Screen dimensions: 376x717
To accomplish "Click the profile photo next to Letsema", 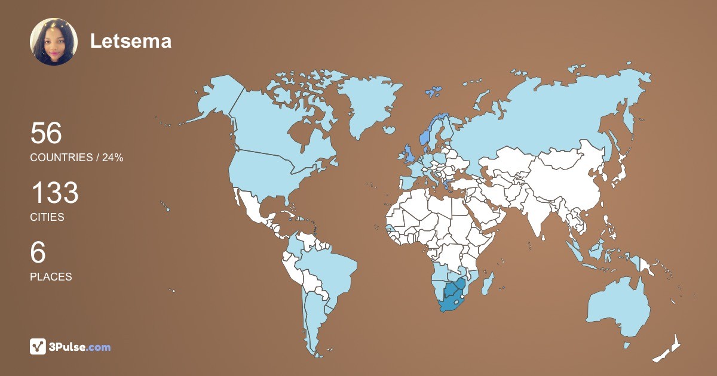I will (x=54, y=41).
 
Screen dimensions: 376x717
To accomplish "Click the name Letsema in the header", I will (x=131, y=41).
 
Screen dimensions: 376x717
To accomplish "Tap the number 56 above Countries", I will (x=46, y=133).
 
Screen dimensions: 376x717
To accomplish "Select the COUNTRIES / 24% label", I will (x=76, y=158).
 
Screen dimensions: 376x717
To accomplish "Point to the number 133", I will (x=54, y=193).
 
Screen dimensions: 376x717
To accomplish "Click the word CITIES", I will (x=47, y=217).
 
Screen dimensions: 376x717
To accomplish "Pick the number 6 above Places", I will (x=38, y=253).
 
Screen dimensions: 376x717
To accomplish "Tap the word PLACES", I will (x=51, y=277).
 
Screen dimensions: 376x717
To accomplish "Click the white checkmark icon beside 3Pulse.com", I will (x=38, y=346).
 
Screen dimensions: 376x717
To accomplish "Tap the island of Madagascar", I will (x=488, y=282).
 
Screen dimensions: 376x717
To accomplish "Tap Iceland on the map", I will (x=389, y=130).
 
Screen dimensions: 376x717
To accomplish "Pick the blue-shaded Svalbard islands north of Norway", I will (x=433, y=91).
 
